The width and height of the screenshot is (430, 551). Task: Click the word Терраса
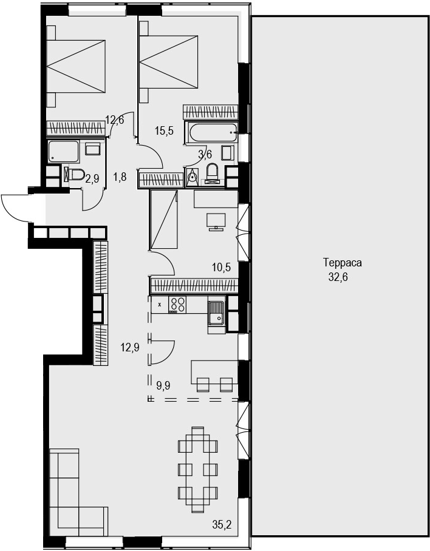[x=343, y=263]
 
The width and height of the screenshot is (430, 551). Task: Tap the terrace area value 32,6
[x=338, y=277]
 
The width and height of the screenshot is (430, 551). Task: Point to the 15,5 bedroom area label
[x=164, y=131]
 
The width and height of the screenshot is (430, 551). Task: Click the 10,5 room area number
[x=221, y=268]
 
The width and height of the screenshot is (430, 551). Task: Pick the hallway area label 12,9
[x=130, y=348]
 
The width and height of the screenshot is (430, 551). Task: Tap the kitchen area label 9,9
[x=163, y=386]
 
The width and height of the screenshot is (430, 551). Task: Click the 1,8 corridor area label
[x=120, y=177]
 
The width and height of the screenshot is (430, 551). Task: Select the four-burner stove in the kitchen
[x=177, y=305]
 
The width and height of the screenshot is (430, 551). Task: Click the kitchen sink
[x=216, y=318]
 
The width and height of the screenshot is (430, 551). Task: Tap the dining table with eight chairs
[x=197, y=470]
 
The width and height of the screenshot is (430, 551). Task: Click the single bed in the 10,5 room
[x=163, y=220]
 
